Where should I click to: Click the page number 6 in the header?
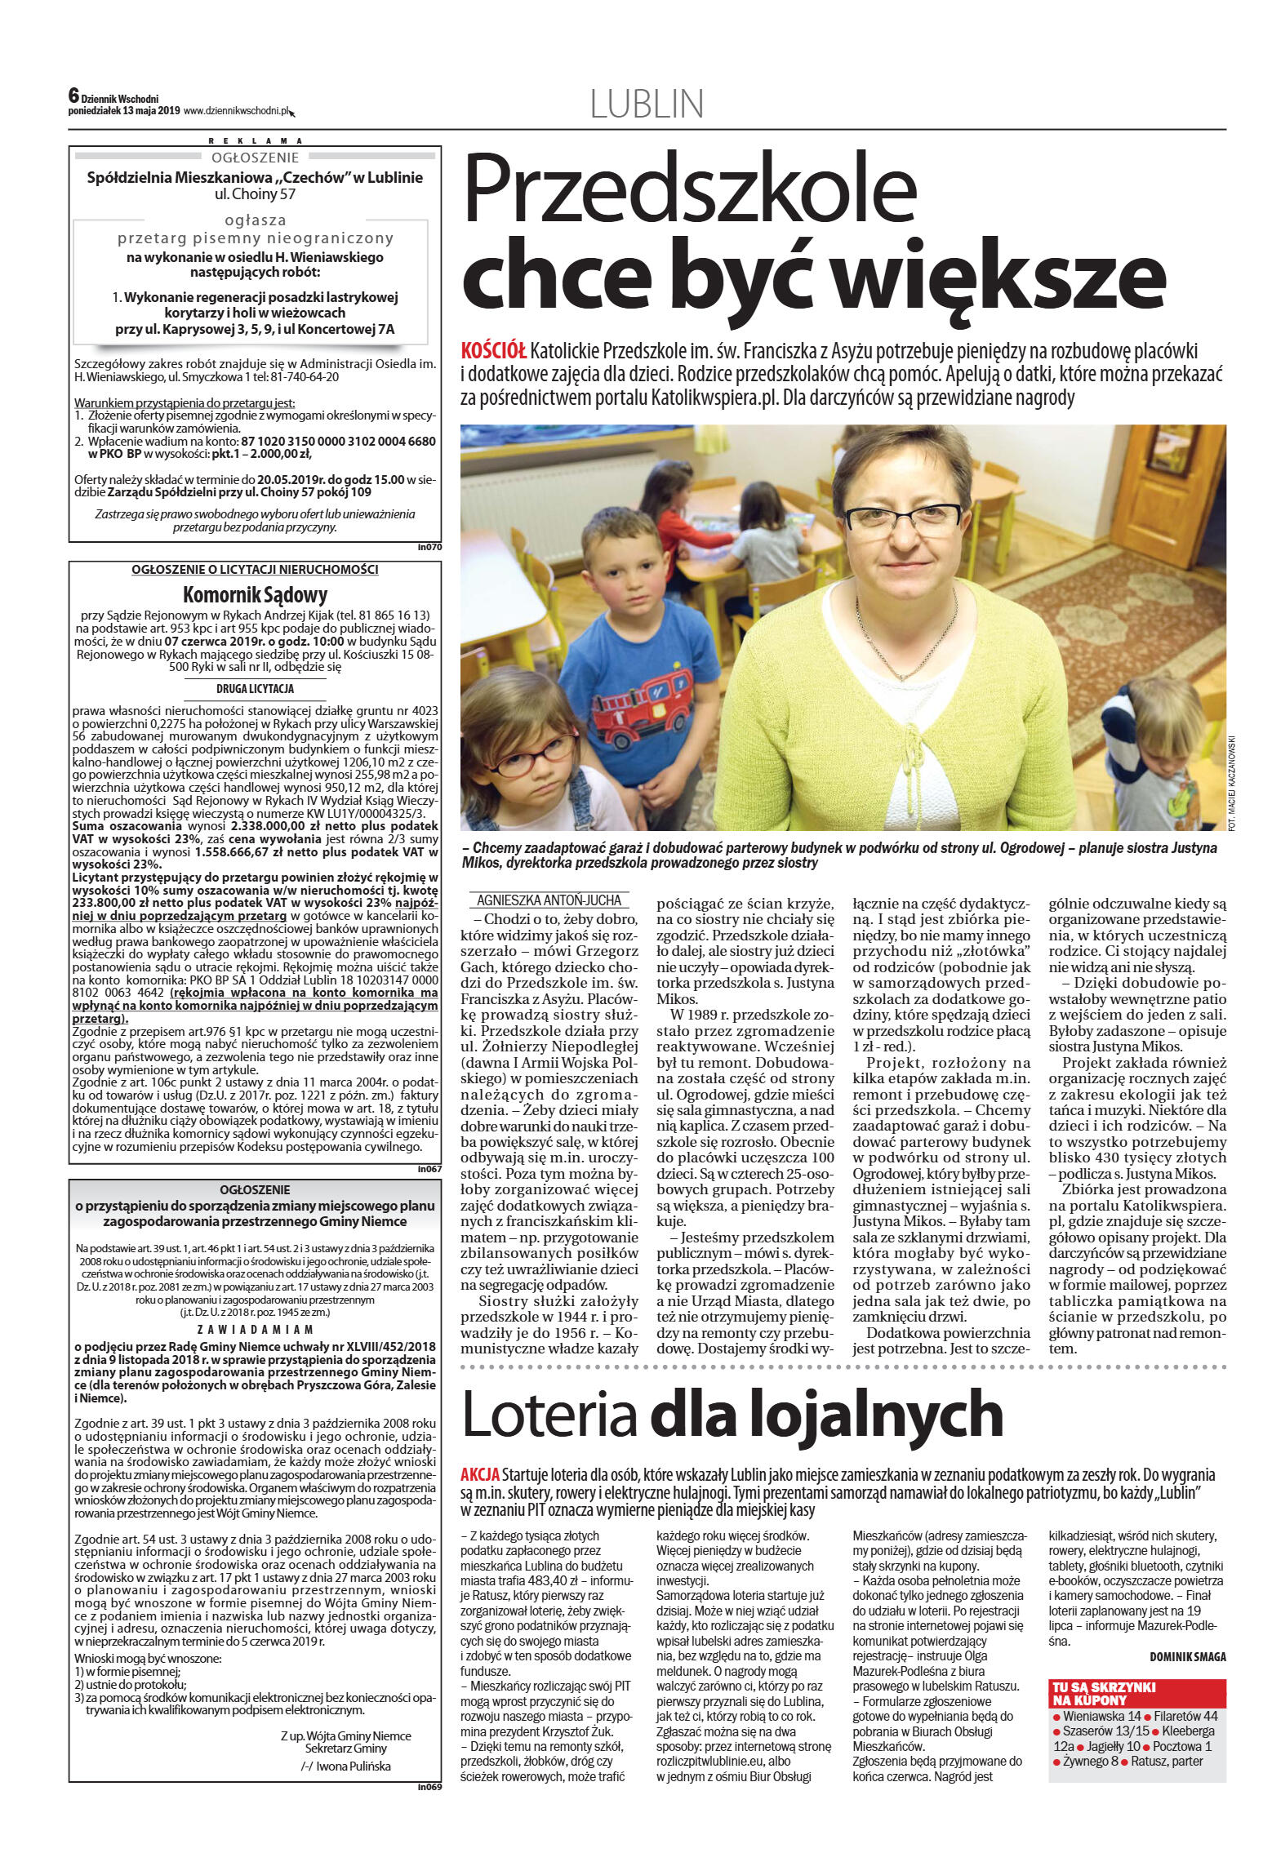click(x=73, y=95)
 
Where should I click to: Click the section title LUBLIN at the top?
click(x=646, y=104)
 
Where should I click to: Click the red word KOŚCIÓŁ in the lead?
click(x=493, y=352)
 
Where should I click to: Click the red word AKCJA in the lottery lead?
click(x=480, y=1475)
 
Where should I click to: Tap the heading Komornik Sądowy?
click(x=255, y=594)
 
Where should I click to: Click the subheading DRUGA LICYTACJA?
click(x=255, y=689)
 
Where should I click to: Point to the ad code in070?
click(x=429, y=548)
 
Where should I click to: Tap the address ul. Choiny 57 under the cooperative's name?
click(x=255, y=194)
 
